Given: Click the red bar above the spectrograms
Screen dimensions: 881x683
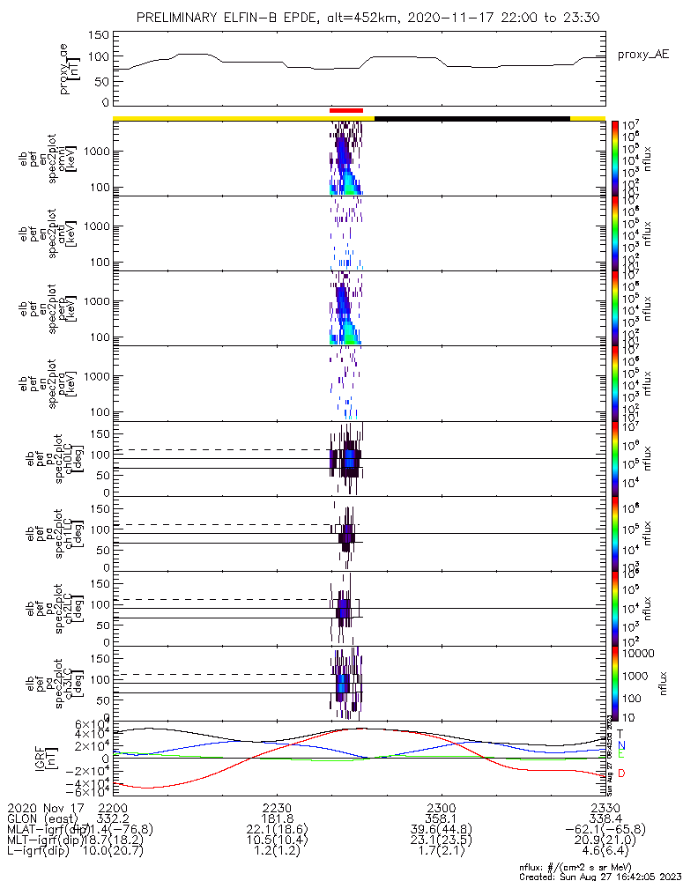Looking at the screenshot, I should tap(345, 110).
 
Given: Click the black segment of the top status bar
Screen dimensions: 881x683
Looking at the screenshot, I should tap(471, 117).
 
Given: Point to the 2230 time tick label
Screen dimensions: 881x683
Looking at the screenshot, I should tap(277, 808).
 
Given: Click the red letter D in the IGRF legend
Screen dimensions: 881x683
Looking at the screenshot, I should tap(621, 774).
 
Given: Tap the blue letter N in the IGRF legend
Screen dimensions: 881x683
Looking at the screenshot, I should tap(621, 745).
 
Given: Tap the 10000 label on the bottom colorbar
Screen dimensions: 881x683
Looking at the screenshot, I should tap(634, 653).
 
